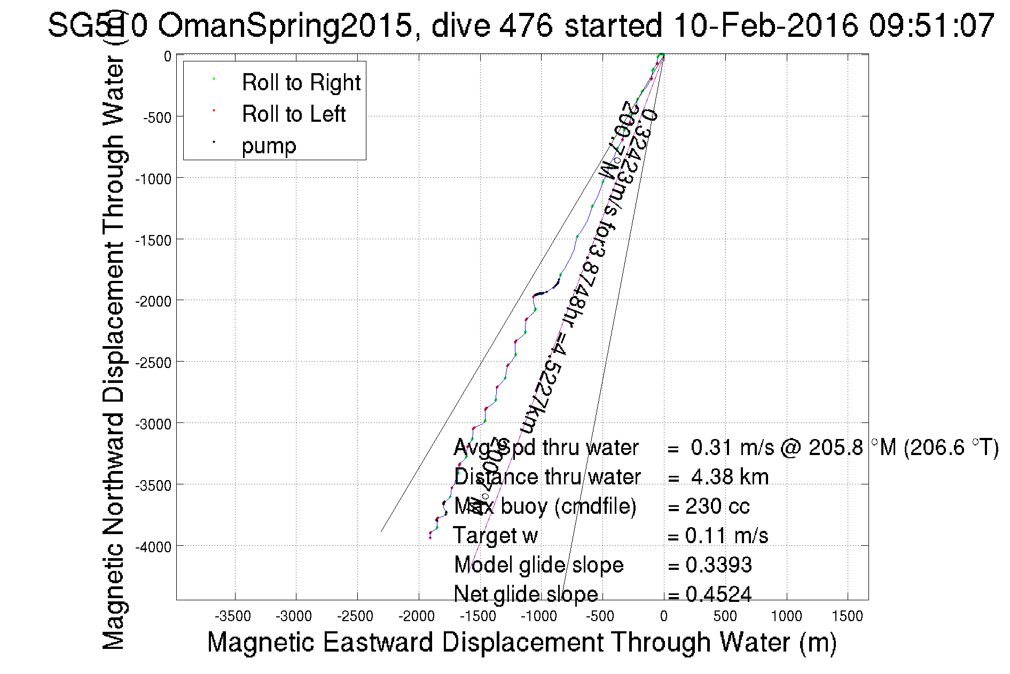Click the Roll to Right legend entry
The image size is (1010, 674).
click(301, 83)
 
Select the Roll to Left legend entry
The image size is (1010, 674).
click(293, 114)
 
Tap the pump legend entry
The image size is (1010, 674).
click(269, 146)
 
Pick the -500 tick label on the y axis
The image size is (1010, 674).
click(157, 117)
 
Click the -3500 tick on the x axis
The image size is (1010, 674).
click(233, 616)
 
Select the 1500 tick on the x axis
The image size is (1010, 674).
click(847, 616)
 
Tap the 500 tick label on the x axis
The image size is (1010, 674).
click(725, 616)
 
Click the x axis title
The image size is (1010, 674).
click(521, 642)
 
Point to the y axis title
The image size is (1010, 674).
click(113, 352)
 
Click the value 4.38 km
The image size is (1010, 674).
click(730, 477)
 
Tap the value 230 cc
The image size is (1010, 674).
click(717, 506)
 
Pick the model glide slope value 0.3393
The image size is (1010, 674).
click(718, 565)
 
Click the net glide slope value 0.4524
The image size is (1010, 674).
click(718, 594)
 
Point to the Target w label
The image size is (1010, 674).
click(495, 536)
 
